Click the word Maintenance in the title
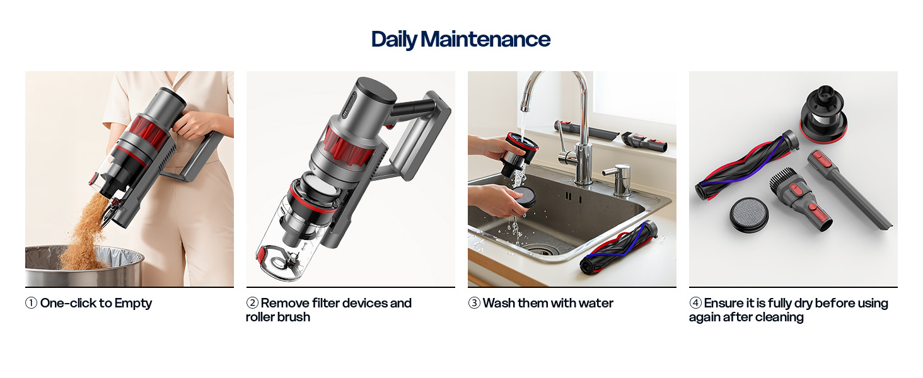tap(485, 39)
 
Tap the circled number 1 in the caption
tap(32, 304)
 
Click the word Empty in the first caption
tap(133, 304)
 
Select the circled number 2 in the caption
tap(252, 304)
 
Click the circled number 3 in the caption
tap(474, 304)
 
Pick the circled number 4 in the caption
tap(695, 304)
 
